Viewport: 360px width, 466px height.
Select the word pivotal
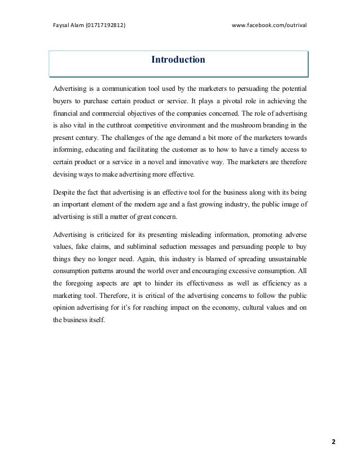click(224, 102)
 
